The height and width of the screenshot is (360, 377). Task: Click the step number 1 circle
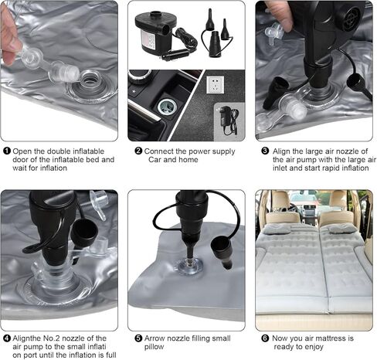(7, 151)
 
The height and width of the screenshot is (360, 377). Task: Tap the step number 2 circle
(138, 151)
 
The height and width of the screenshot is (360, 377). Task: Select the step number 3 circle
(265, 151)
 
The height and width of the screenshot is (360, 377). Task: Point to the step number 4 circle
(7, 338)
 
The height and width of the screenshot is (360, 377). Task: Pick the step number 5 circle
(138, 338)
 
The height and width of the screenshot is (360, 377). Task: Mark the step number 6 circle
(265, 338)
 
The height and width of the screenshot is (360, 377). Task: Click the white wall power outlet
(216, 85)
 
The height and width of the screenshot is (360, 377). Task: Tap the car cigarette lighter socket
(167, 107)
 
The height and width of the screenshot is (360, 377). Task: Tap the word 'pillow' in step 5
(154, 347)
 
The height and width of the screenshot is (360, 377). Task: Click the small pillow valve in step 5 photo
(189, 265)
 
